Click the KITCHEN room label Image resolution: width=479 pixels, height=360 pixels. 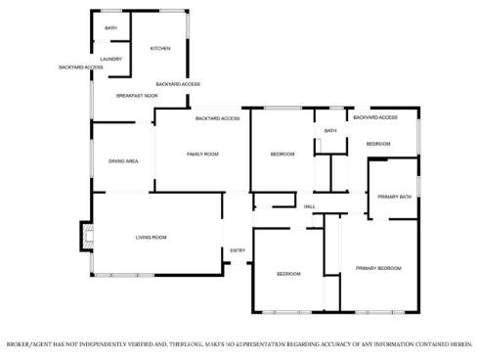coord(160,48)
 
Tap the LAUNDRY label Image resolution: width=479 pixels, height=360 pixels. coord(110,59)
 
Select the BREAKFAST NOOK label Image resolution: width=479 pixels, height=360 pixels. coord(137,96)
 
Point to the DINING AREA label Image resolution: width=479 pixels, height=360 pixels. coord(123,161)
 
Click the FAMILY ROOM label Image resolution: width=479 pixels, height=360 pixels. coord(202,154)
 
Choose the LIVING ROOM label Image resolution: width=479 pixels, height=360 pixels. coord(151,238)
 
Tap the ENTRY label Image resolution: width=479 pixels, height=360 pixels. coord(238,250)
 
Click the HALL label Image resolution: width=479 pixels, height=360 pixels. coord(309,206)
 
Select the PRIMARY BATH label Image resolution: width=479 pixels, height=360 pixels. coord(394,197)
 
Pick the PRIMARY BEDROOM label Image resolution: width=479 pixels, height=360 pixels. coord(378,268)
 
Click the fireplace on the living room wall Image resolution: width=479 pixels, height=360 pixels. coord(87,237)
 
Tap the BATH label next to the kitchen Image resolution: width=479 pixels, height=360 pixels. coord(110,28)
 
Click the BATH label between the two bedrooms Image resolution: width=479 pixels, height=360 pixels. coord(330,131)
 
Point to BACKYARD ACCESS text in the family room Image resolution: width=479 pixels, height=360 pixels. coord(217,118)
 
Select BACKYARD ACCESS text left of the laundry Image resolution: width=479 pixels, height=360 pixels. coord(81,67)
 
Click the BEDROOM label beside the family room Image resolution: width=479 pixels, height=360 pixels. coord(283,154)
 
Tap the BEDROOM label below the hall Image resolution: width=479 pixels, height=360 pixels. coord(288,274)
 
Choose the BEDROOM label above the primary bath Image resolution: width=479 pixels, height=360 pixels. coord(378,144)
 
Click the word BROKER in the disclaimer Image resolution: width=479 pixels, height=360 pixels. coord(18,344)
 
